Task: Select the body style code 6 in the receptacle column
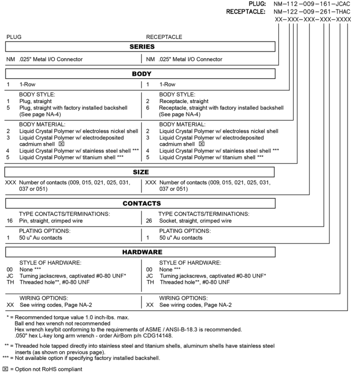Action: pos(148,107)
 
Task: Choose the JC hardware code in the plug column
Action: pos(9,276)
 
